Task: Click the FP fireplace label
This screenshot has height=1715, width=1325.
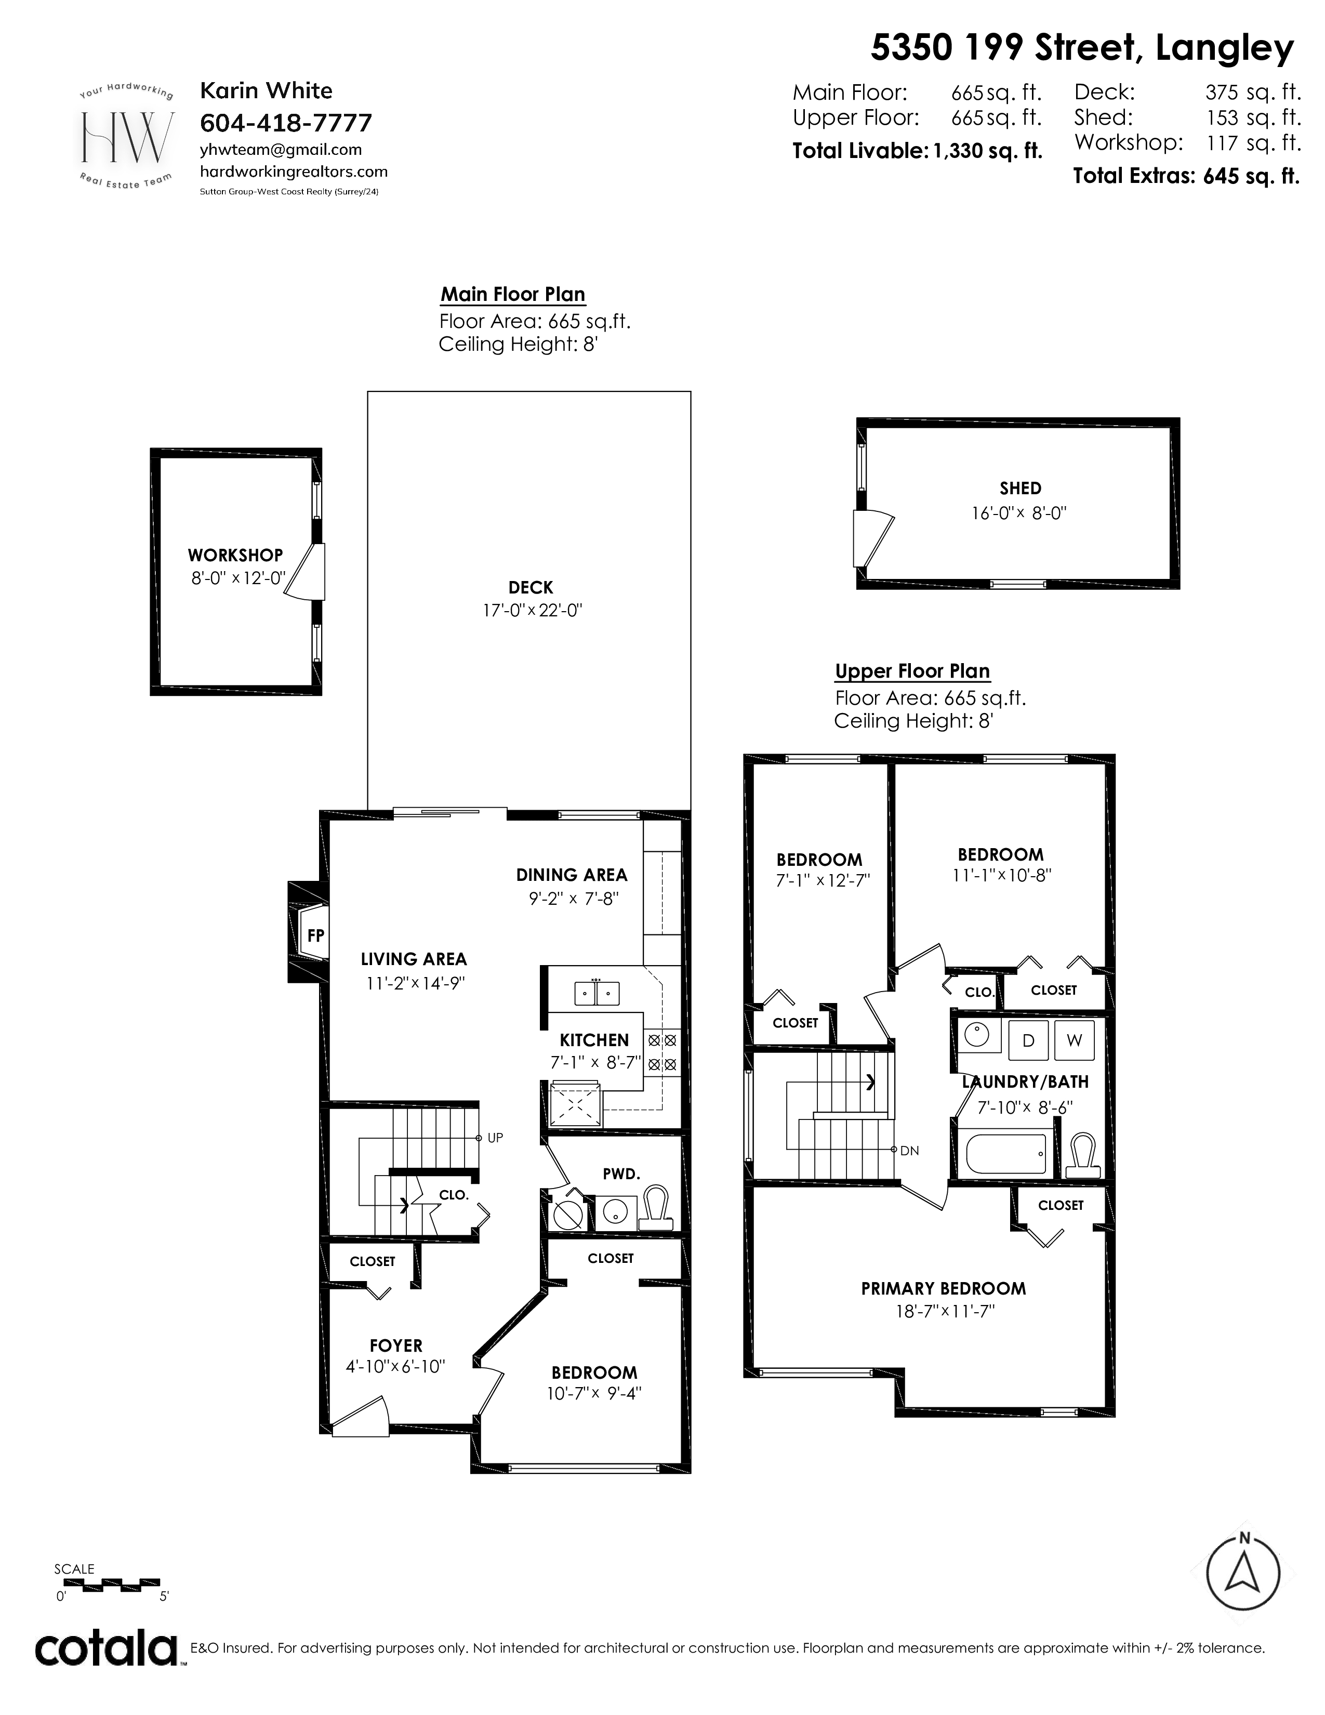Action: [x=315, y=935]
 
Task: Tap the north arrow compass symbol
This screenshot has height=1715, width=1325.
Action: [x=1243, y=1573]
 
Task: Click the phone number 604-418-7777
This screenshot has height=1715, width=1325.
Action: [x=286, y=123]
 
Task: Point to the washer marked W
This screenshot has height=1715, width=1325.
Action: [x=1075, y=1040]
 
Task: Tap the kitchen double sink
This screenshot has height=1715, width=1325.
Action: [x=597, y=993]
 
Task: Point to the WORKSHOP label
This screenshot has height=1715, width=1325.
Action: [x=235, y=555]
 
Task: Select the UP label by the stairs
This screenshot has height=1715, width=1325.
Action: [x=495, y=1137]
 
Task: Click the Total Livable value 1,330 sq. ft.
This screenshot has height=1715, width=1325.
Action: [x=987, y=151]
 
